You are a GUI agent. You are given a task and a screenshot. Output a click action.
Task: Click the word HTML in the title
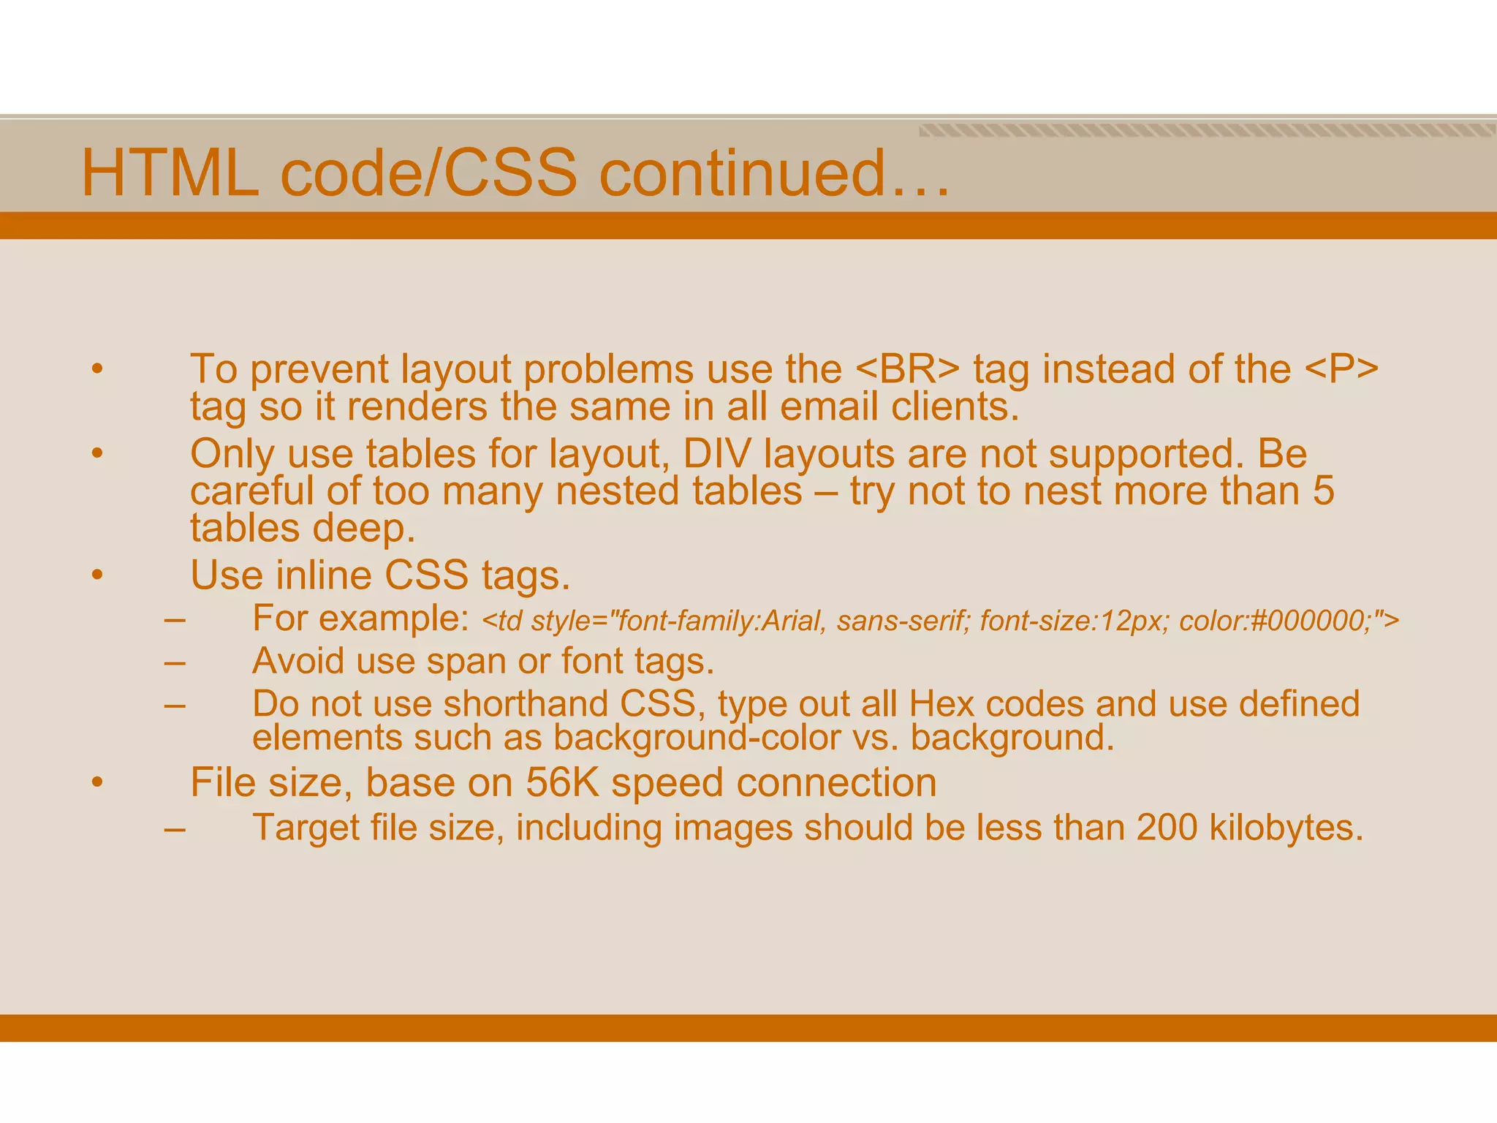pyautogui.click(x=170, y=174)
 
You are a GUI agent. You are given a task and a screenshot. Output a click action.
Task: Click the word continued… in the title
pyautogui.click(x=775, y=174)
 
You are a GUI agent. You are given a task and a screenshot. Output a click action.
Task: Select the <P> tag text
pyautogui.click(x=1341, y=369)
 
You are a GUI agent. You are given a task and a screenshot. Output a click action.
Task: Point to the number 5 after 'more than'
pyautogui.click(x=1323, y=491)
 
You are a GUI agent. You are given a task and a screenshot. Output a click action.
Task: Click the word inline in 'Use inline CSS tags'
pyautogui.click(x=323, y=575)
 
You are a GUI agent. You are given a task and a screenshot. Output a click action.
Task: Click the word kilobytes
pyautogui.click(x=1286, y=828)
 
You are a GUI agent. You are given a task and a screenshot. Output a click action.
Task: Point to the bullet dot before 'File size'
pyautogui.click(x=97, y=783)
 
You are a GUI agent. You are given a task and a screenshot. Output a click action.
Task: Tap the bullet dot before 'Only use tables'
pyautogui.click(x=97, y=454)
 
